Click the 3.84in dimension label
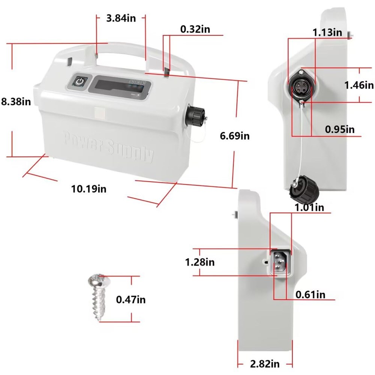pyautogui.click(x=121, y=18)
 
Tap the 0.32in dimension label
pyautogui.click(x=195, y=29)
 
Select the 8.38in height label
pyautogui.click(x=16, y=101)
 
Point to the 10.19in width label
pyautogui.click(x=89, y=189)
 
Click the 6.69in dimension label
pyautogui.click(x=235, y=136)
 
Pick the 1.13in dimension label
pyautogui.click(x=327, y=32)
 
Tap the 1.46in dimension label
pyautogui.click(x=359, y=85)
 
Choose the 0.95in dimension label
pyautogui.click(x=340, y=129)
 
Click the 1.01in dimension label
pyautogui.click(x=309, y=207)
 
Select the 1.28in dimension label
pyautogui.click(x=200, y=262)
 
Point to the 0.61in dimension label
pyautogui.click(x=310, y=294)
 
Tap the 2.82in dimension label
pyautogui.click(x=265, y=364)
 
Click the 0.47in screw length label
pyautogui.click(x=130, y=299)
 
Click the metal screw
pyautogui.click(x=98, y=297)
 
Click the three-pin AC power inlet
pyautogui.click(x=280, y=262)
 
